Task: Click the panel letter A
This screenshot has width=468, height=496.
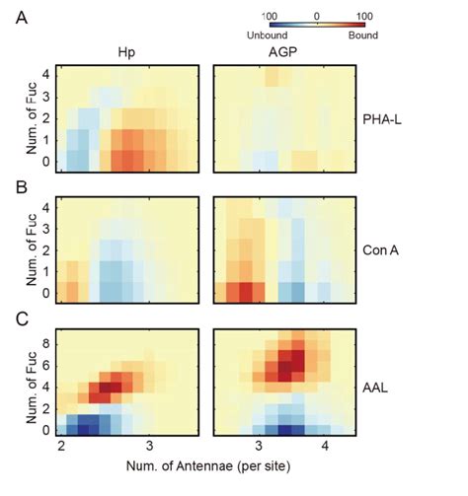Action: point(20,17)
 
